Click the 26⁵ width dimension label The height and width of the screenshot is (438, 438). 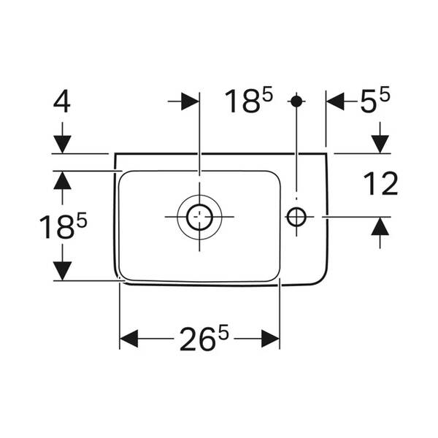204,338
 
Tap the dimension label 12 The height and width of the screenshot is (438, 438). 380,184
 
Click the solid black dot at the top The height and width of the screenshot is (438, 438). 296,101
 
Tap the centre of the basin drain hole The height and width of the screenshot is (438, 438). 199,217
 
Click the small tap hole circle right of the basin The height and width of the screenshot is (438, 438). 296,217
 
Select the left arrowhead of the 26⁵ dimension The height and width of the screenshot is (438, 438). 128,339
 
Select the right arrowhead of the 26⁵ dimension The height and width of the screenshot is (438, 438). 270,339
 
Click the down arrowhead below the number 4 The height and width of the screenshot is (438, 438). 62,145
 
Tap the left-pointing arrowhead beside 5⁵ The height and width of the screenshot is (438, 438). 336,101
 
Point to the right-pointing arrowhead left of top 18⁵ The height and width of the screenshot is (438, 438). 191,101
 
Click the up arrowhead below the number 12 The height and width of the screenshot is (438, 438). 380,226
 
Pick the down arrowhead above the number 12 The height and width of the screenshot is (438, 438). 380,145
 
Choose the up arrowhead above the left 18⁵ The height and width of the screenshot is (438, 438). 62,180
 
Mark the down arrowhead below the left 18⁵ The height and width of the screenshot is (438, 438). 62,271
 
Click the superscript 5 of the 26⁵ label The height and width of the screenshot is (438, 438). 223,331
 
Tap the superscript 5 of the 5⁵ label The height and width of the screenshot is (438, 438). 384,93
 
